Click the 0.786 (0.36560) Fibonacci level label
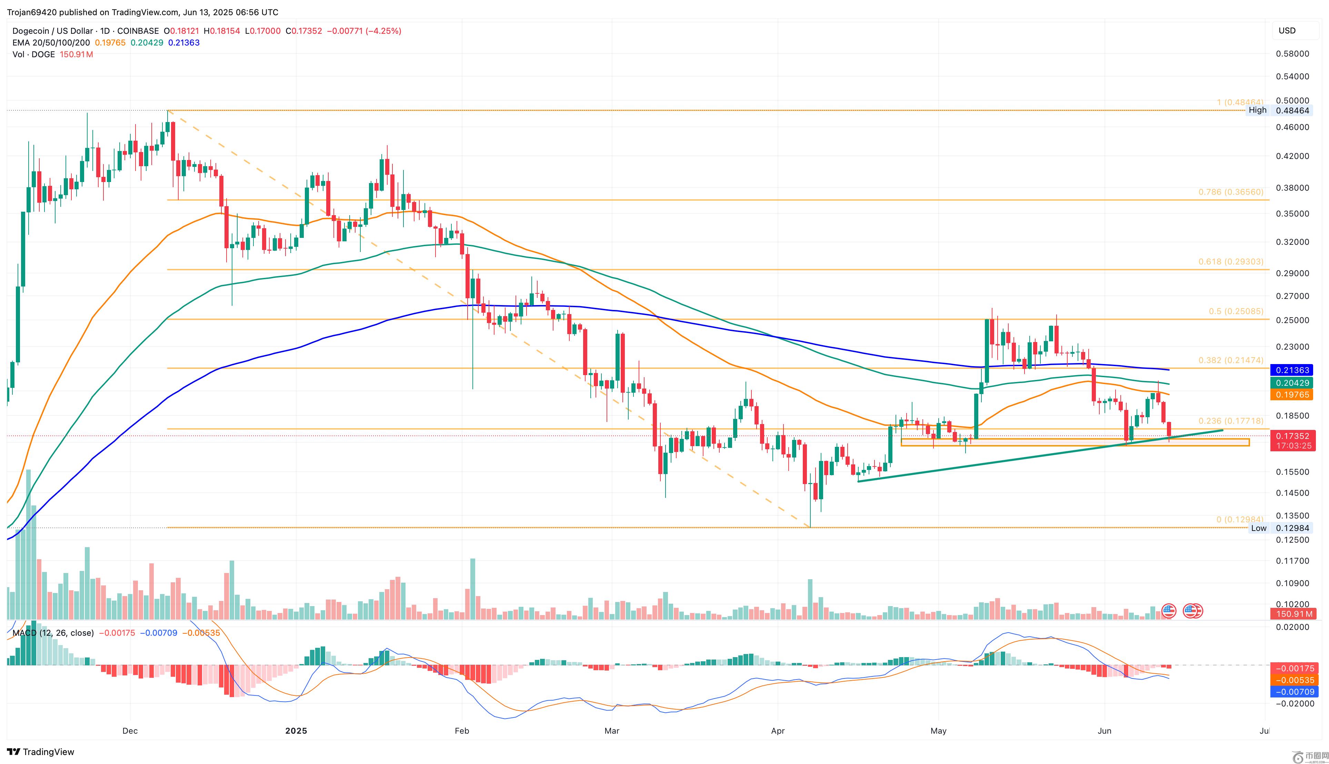(1230, 192)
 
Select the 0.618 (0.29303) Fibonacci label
(1230, 261)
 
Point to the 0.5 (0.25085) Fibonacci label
(1236, 311)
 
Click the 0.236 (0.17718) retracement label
(1230, 421)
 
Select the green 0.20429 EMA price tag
(1291, 383)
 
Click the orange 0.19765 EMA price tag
(1291, 395)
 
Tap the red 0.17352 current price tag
(1291, 436)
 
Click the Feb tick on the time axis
(462, 731)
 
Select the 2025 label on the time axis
(296, 731)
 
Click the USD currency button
(1287, 30)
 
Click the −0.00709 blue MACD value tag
(1291, 692)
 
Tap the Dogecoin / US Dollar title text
(52, 31)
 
